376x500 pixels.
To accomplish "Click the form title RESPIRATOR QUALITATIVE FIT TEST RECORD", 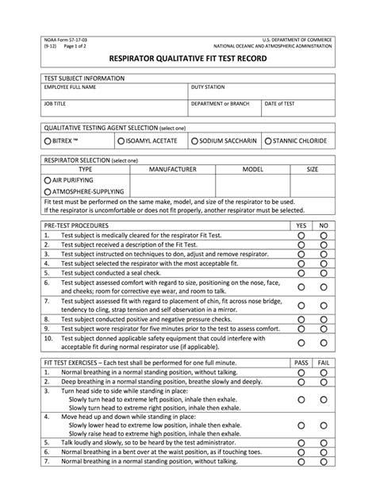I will (x=187, y=58).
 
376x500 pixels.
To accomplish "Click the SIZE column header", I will (x=312, y=169).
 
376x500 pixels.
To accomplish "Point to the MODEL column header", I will (x=252, y=169).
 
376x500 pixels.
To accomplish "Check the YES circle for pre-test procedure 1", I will (x=301, y=236).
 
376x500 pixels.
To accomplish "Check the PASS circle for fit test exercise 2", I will (x=301, y=381).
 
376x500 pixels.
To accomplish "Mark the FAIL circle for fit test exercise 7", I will (x=323, y=460).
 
